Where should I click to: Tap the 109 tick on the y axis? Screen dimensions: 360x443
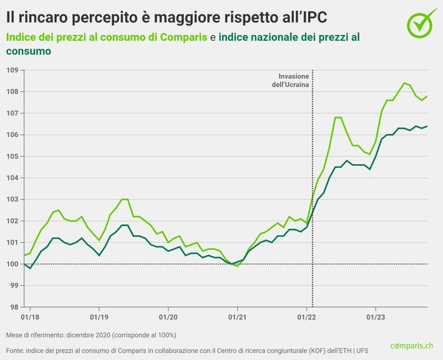click(x=11, y=70)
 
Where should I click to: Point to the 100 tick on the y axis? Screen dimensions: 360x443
click(x=11, y=264)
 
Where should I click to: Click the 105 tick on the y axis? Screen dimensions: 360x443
click(x=11, y=156)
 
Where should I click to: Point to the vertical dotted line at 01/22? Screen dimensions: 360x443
click(x=312, y=187)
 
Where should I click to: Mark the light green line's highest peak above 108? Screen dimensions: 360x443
click(x=404, y=82)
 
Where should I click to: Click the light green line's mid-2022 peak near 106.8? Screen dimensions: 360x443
click(x=337, y=117)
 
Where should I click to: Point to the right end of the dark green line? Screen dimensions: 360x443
click(x=427, y=126)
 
